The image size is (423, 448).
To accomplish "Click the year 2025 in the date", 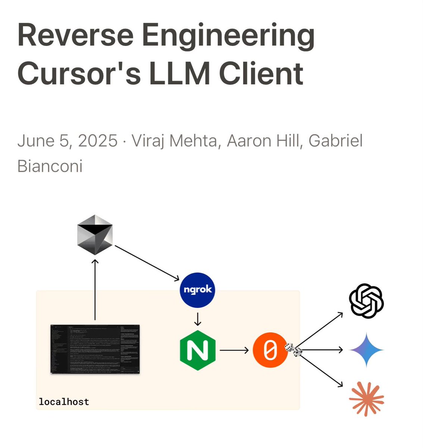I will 98,141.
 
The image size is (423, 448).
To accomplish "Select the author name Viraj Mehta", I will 174,141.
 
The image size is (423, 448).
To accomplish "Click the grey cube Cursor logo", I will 95,235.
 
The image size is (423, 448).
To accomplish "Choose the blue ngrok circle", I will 197,290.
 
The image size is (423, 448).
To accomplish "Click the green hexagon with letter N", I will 197,350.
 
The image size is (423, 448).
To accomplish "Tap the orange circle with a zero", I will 270,350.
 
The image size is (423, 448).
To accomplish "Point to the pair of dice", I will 294,350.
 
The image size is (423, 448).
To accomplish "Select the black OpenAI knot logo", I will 366,301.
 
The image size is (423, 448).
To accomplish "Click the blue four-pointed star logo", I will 366,350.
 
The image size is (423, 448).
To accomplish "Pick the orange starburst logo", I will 366,399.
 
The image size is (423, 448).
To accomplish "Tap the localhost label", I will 64,402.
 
